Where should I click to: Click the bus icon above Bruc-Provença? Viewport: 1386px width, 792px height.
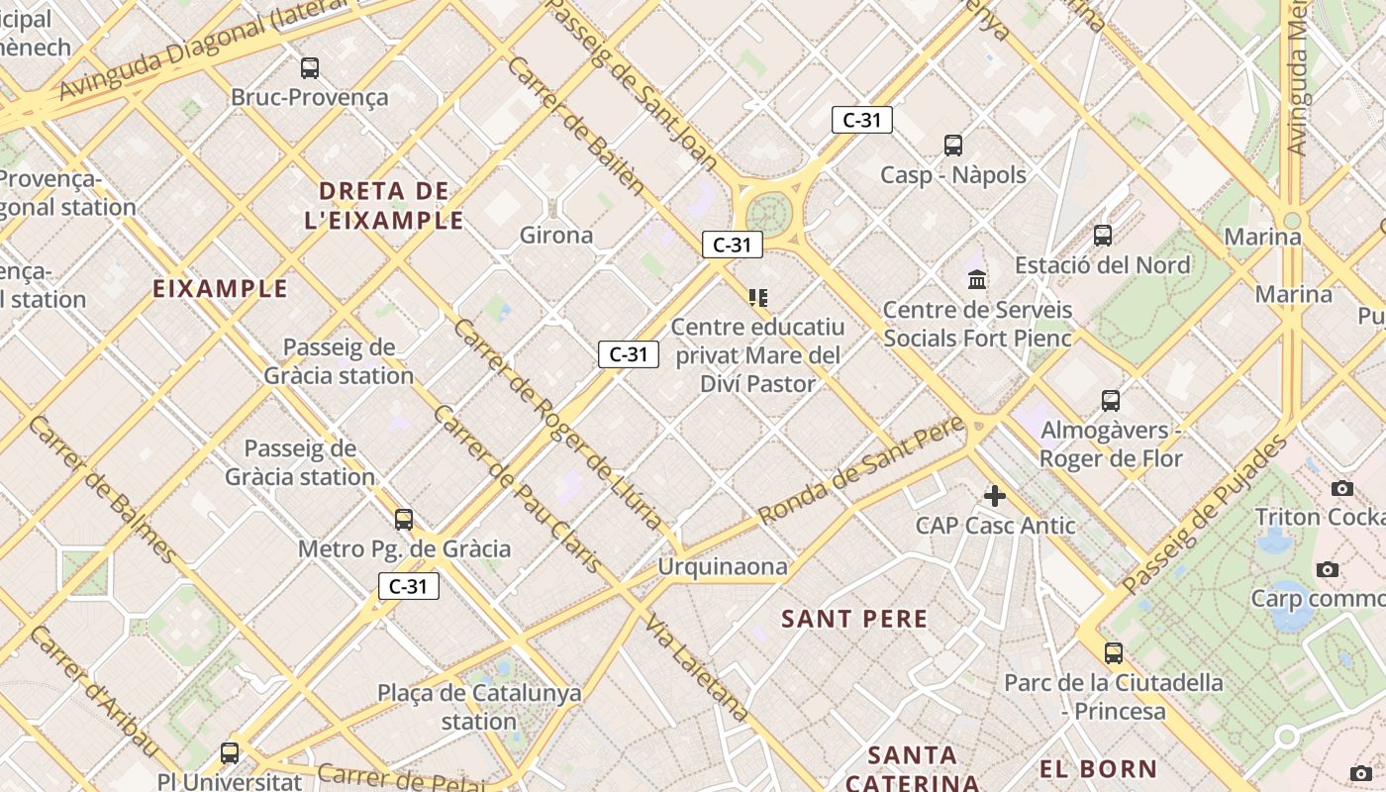point(310,68)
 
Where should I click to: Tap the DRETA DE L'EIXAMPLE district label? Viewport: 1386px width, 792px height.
point(384,205)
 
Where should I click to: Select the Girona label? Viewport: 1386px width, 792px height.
point(556,236)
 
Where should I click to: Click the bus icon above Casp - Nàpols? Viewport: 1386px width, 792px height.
point(953,146)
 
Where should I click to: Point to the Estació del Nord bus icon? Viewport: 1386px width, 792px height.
point(1103,236)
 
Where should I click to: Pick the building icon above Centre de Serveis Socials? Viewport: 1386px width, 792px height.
point(977,280)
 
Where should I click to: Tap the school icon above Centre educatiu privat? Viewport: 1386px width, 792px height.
point(758,297)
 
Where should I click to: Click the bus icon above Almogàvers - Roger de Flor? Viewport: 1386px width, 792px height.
point(1111,401)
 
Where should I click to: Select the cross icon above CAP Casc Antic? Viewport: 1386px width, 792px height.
point(995,496)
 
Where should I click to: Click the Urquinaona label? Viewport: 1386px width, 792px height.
point(724,567)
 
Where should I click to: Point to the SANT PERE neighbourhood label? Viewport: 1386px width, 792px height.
point(854,620)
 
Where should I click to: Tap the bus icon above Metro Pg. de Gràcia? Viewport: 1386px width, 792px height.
point(404,519)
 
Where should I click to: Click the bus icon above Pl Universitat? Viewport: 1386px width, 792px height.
point(230,752)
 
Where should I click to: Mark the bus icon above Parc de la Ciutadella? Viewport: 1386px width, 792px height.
point(1114,653)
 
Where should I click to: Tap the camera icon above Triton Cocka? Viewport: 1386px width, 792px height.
point(1342,488)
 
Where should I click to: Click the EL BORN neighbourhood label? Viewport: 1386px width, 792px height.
point(1098,769)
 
